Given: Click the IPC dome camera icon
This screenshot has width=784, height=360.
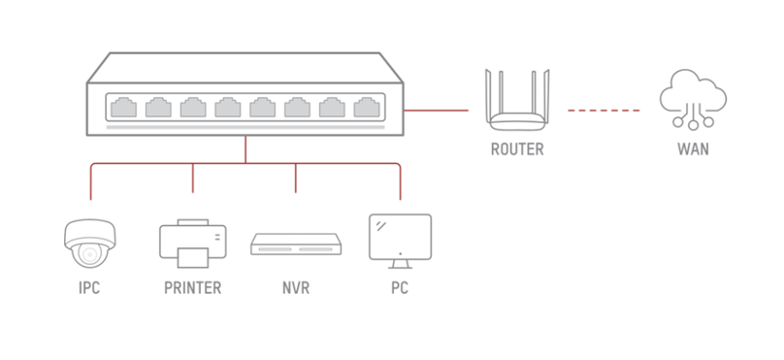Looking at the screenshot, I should pyautogui.click(x=89, y=243).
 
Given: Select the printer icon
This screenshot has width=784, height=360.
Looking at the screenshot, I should pyautogui.click(x=192, y=243).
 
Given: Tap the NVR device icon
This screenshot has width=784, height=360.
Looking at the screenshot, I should pyautogui.click(x=296, y=244).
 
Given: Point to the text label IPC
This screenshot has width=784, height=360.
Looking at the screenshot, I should pyautogui.click(x=89, y=288).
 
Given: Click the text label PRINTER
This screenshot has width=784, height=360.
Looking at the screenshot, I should pyautogui.click(x=192, y=288).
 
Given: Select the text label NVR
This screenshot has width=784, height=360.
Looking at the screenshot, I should pyautogui.click(x=296, y=288).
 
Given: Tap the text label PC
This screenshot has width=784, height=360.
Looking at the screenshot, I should pyautogui.click(x=399, y=288).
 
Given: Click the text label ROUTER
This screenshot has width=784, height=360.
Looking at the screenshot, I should pyautogui.click(x=516, y=150).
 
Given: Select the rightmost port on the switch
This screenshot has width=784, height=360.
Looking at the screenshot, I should pyautogui.click(x=367, y=107).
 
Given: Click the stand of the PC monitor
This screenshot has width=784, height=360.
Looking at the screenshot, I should pyautogui.click(x=400, y=263).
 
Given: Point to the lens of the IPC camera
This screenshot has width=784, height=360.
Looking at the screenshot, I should pyautogui.click(x=89, y=254).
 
